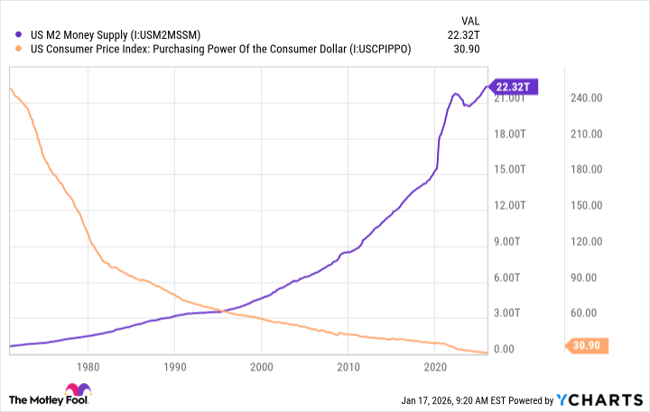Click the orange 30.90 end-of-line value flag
point(590,345)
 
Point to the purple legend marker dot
point(11,35)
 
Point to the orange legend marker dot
point(11,50)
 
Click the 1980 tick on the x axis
point(88,367)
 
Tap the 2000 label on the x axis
point(261,367)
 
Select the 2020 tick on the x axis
point(435,367)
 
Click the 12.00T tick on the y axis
point(507,205)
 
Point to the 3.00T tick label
point(507,314)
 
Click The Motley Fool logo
point(51,398)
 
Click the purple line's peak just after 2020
point(456,93)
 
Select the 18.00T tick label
point(507,134)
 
